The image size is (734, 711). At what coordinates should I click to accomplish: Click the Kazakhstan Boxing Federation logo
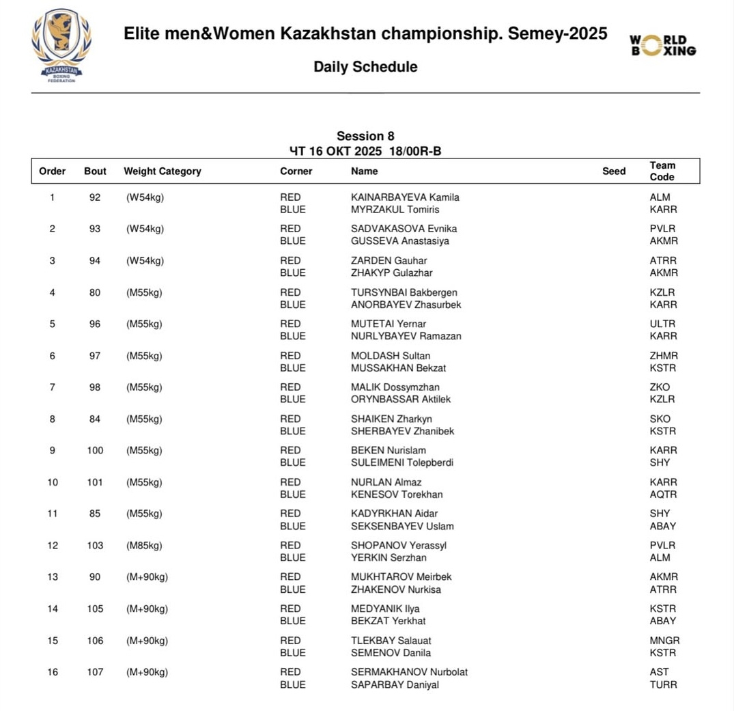61,45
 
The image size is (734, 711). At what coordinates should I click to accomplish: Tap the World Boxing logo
662,46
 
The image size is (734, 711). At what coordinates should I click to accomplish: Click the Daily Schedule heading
365,67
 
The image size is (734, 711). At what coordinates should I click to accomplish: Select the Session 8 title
365,136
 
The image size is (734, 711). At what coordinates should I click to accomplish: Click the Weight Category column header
163,171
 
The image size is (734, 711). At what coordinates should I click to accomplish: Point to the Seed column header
614,171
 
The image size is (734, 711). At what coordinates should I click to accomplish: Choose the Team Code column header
662,171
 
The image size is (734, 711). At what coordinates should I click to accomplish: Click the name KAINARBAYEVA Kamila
405,197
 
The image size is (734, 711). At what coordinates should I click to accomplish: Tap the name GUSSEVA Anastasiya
400,241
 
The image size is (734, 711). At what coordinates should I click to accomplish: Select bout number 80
95,292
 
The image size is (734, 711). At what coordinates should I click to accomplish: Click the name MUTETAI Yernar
389,324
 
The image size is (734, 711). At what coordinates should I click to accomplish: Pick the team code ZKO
660,387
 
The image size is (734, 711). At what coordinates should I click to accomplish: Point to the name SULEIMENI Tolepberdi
402,462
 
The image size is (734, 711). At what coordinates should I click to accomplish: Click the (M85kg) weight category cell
144,545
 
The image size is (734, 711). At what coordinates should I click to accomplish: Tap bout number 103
95,545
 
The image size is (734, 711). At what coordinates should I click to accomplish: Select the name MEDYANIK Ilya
385,609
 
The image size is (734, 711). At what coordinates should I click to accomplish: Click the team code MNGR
664,641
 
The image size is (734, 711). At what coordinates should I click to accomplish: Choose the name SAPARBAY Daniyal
395,684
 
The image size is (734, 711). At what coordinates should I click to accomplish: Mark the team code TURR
663,684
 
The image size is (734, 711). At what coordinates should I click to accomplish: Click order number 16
53,672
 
